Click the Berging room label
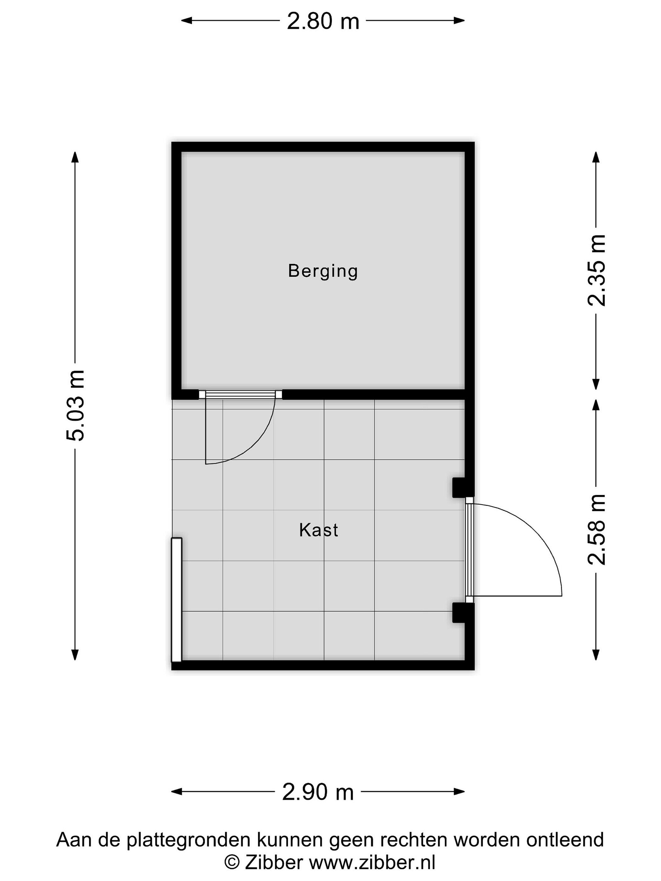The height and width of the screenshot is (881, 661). [x=323, y=272]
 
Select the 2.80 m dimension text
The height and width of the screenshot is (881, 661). [x=323, y=21]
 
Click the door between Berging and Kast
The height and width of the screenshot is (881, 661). [x=240, y=428]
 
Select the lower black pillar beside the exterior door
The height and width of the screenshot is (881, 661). [x=462, y=612]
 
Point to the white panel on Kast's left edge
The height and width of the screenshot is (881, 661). [x=177, y=600]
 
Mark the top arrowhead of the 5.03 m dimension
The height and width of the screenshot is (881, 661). [x=75, y=157]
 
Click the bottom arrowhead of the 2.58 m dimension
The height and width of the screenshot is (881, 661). [x=596, y=655]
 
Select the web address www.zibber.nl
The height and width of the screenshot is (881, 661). [x=372, y=863]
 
